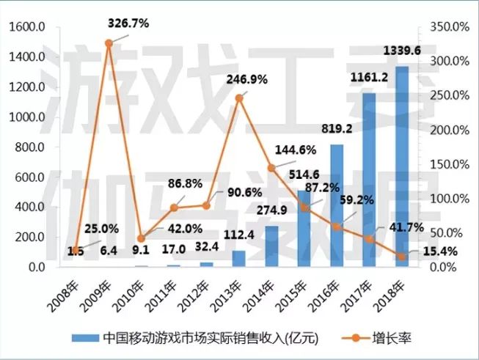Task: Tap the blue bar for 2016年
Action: pos(337,206)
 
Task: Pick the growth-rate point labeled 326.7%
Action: pos(109,43)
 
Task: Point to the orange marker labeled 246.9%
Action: pos(238,98)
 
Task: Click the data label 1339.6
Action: pos(402,51)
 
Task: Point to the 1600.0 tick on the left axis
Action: pos(27,27)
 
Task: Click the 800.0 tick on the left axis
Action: pos(30,147)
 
